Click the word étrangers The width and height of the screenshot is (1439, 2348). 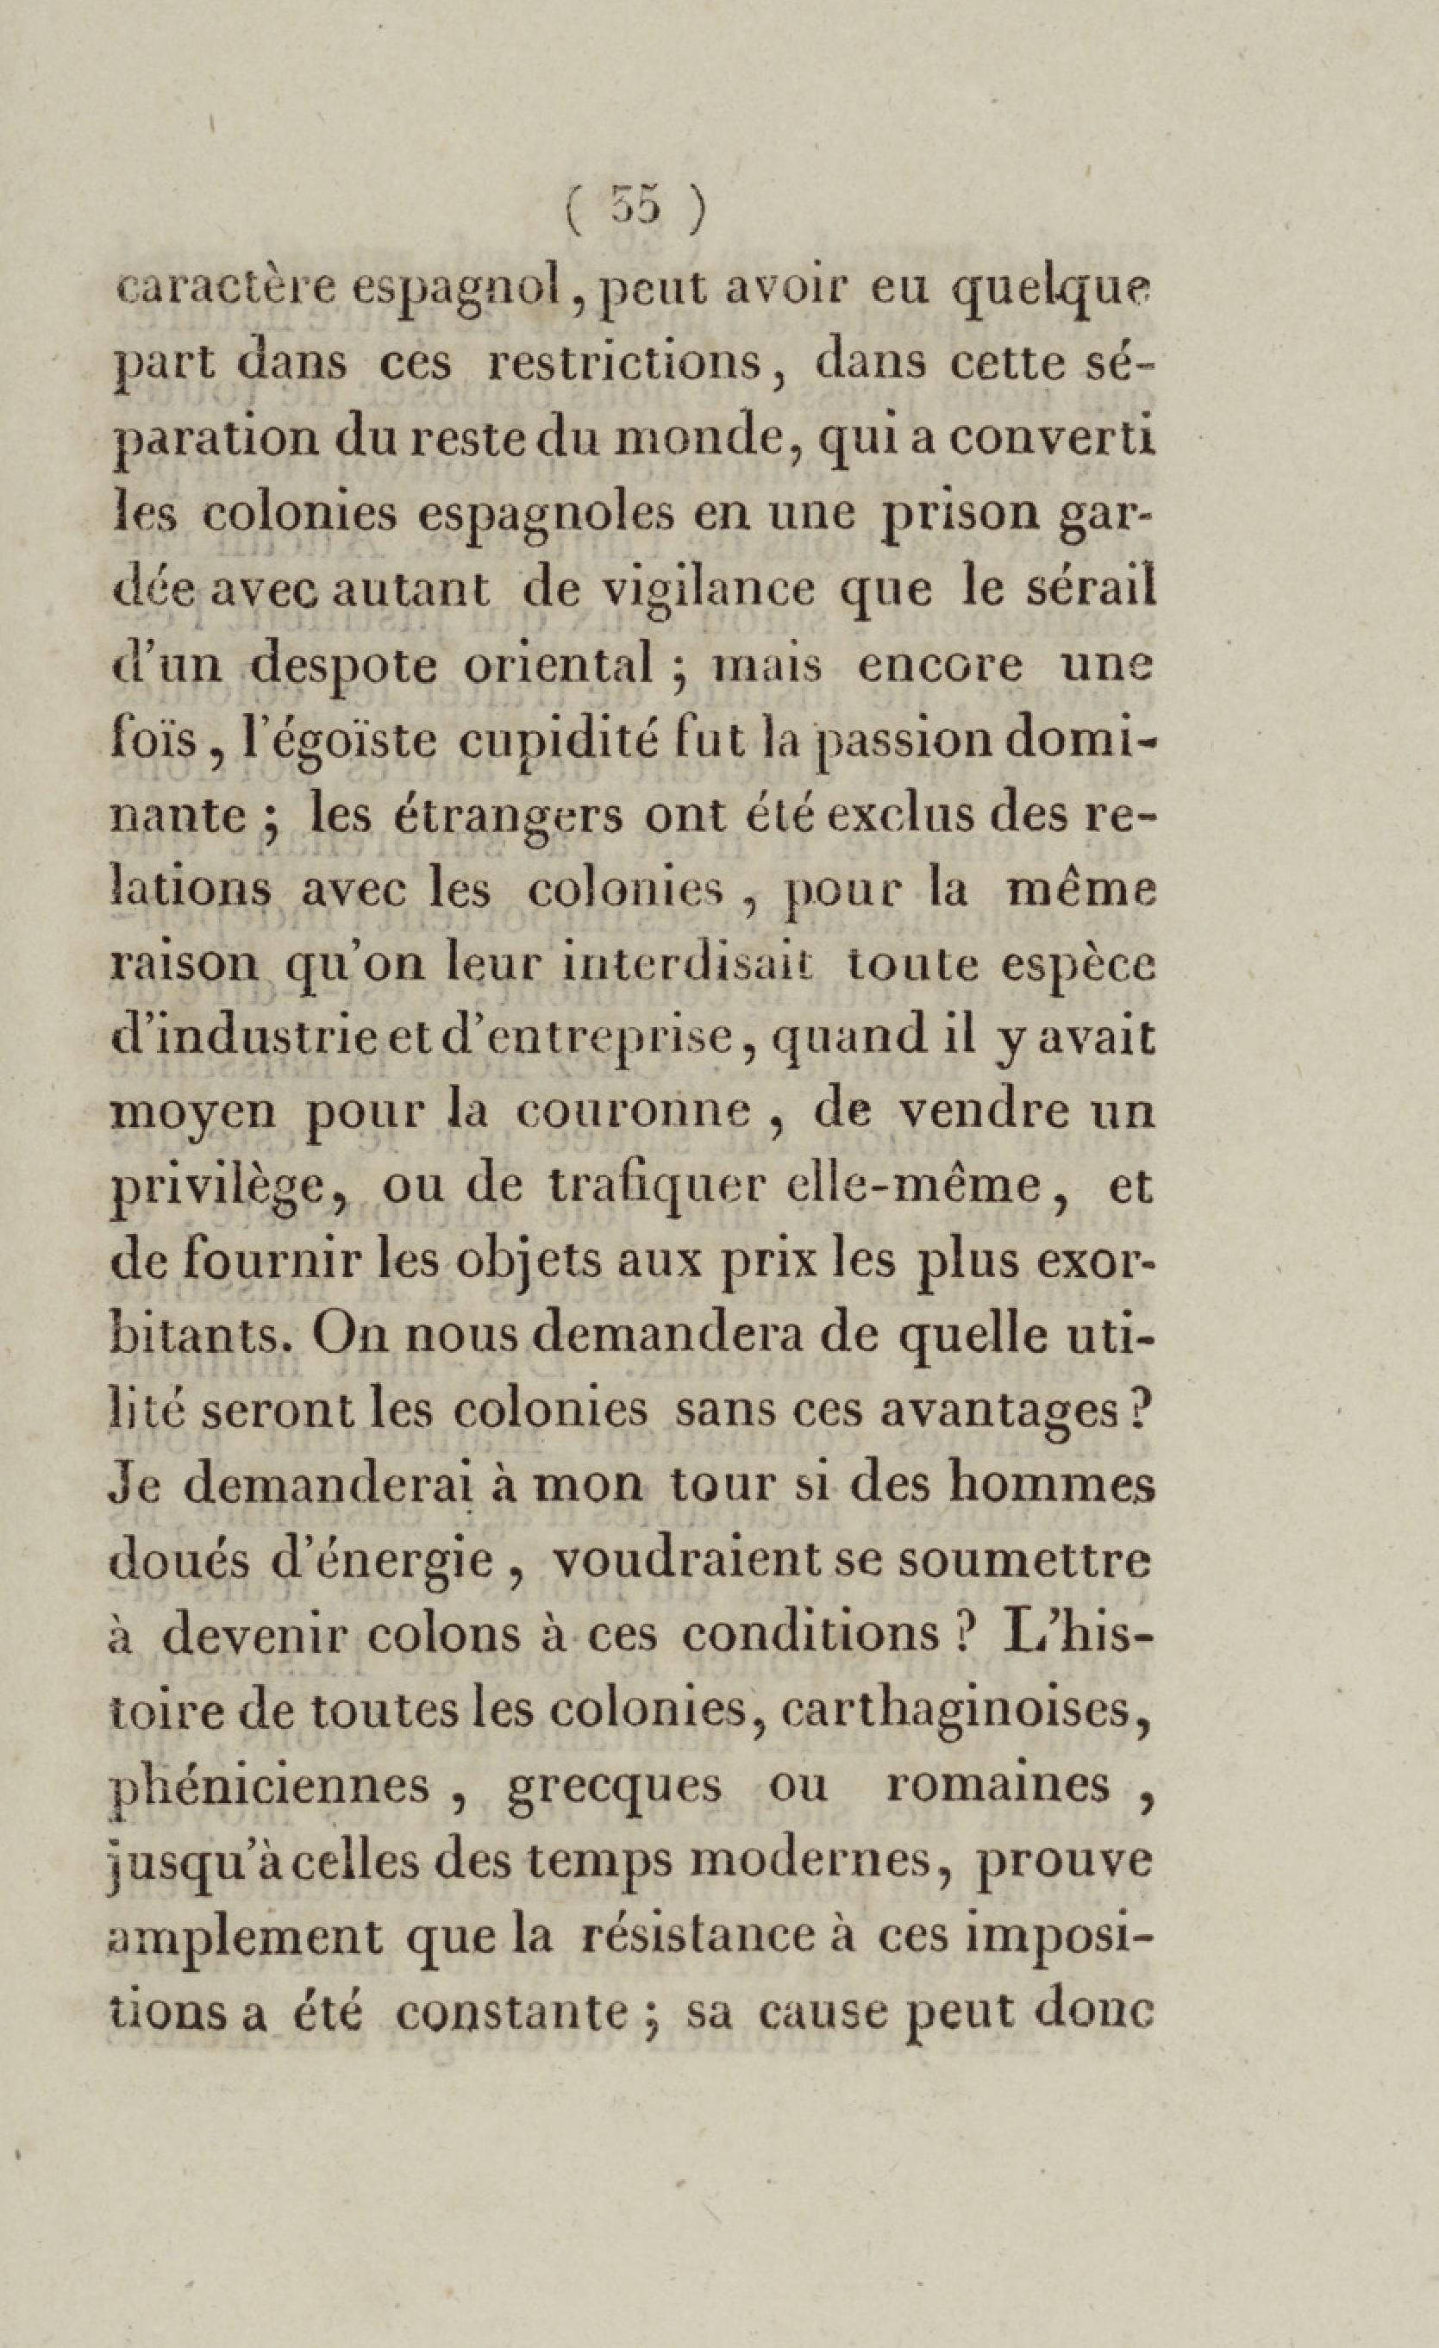click(471, 817)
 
